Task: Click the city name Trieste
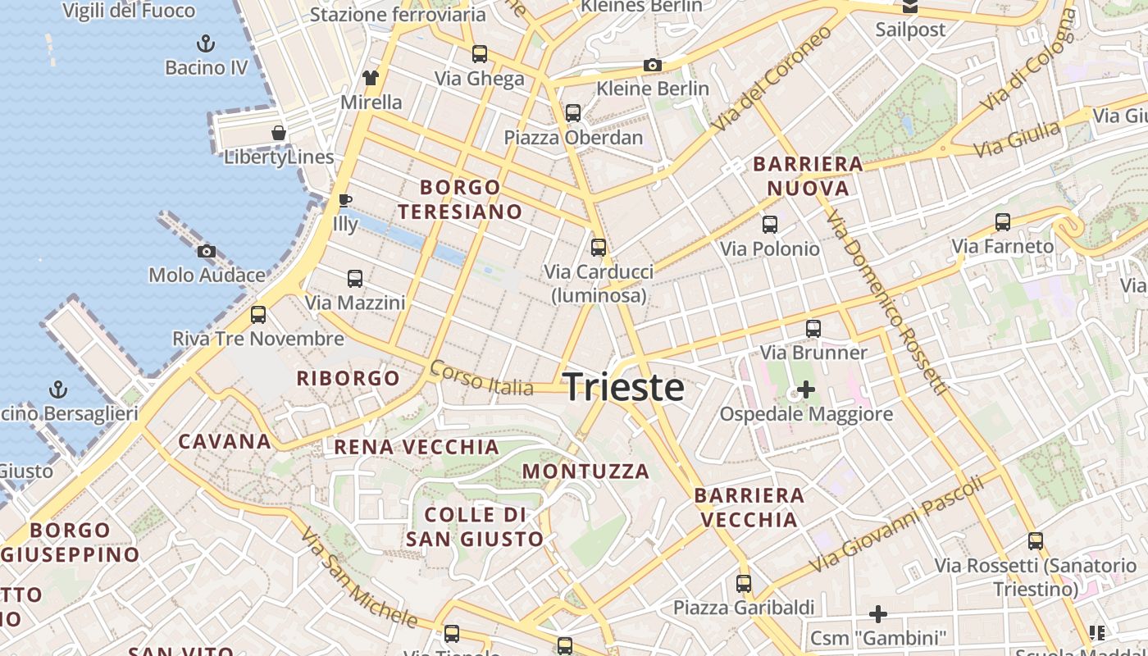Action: click(x=623, y=387)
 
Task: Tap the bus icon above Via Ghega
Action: click(x=480, y=54)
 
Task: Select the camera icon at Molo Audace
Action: click(x=207, y=251)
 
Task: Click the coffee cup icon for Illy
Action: click(x=345, y=200)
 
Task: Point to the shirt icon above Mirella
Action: click(x=371, y=78)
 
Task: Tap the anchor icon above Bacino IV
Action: click(x=207, y=43)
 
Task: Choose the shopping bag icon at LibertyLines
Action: click(x=279, y=133)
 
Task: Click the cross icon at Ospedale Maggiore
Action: click(x=806, y=389)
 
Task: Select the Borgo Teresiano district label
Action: click(x=460, y=199)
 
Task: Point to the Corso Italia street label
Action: click(x=481, y=378)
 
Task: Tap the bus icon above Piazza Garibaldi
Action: click(x=744, y=584)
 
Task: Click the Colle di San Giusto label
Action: click(x=475, y=526)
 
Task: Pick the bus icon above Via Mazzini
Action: click(x=355, y=279)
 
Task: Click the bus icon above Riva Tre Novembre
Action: click(x=258, y=314)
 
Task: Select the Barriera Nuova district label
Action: click(x=808, y=175)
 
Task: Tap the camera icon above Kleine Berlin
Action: click(x=653, y=65)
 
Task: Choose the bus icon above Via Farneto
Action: click(x=1002, y=221)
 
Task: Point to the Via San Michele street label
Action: click(x=358, y=577)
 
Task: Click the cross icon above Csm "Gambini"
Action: click(x=878, y=613)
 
